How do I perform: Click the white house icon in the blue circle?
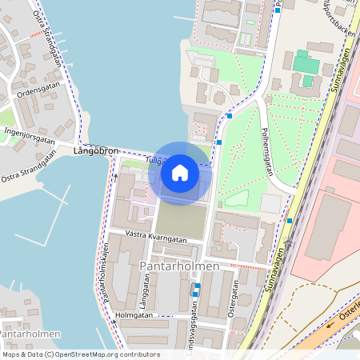point(180,172)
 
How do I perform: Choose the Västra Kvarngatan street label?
point(157,238)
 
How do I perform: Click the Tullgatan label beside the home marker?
point(156,161)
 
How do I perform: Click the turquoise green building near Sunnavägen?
point(306,64)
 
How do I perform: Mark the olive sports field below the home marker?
point(180,216)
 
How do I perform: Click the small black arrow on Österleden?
point(329,326)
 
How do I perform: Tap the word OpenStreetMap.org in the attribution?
point(87,354)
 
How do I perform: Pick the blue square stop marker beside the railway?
point(290,221)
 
